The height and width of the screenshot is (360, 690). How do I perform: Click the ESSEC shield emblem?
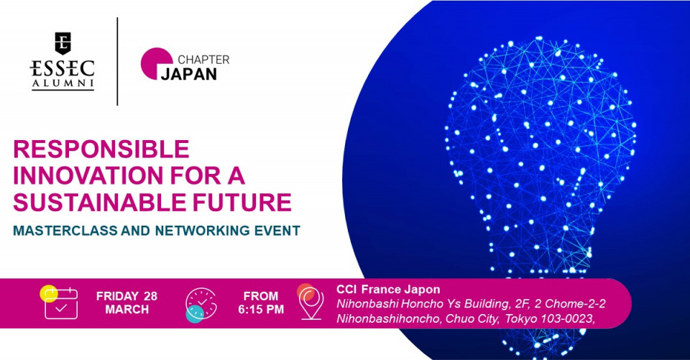click(63, 43)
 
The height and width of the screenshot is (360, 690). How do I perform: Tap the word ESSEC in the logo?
click(63, 68)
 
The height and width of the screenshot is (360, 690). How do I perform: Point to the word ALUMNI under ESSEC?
click(63, 83)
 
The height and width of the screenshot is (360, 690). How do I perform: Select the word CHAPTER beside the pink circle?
click(203, 60)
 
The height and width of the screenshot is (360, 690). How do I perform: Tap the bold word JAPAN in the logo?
click(189, 74)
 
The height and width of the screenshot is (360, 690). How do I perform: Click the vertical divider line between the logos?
click(117, 61)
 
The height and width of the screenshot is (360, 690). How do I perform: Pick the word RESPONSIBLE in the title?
click(101, 149)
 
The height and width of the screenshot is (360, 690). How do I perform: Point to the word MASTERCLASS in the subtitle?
click(65, 230)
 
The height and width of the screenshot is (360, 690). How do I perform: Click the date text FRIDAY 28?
click(126, 296)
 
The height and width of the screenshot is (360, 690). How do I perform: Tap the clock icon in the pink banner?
click(201, 305)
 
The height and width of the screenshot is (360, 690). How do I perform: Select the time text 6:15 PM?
click(261, 310)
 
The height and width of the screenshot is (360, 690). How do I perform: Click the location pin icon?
click(310, 302)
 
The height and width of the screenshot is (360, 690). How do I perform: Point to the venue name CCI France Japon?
click(388, 289)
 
